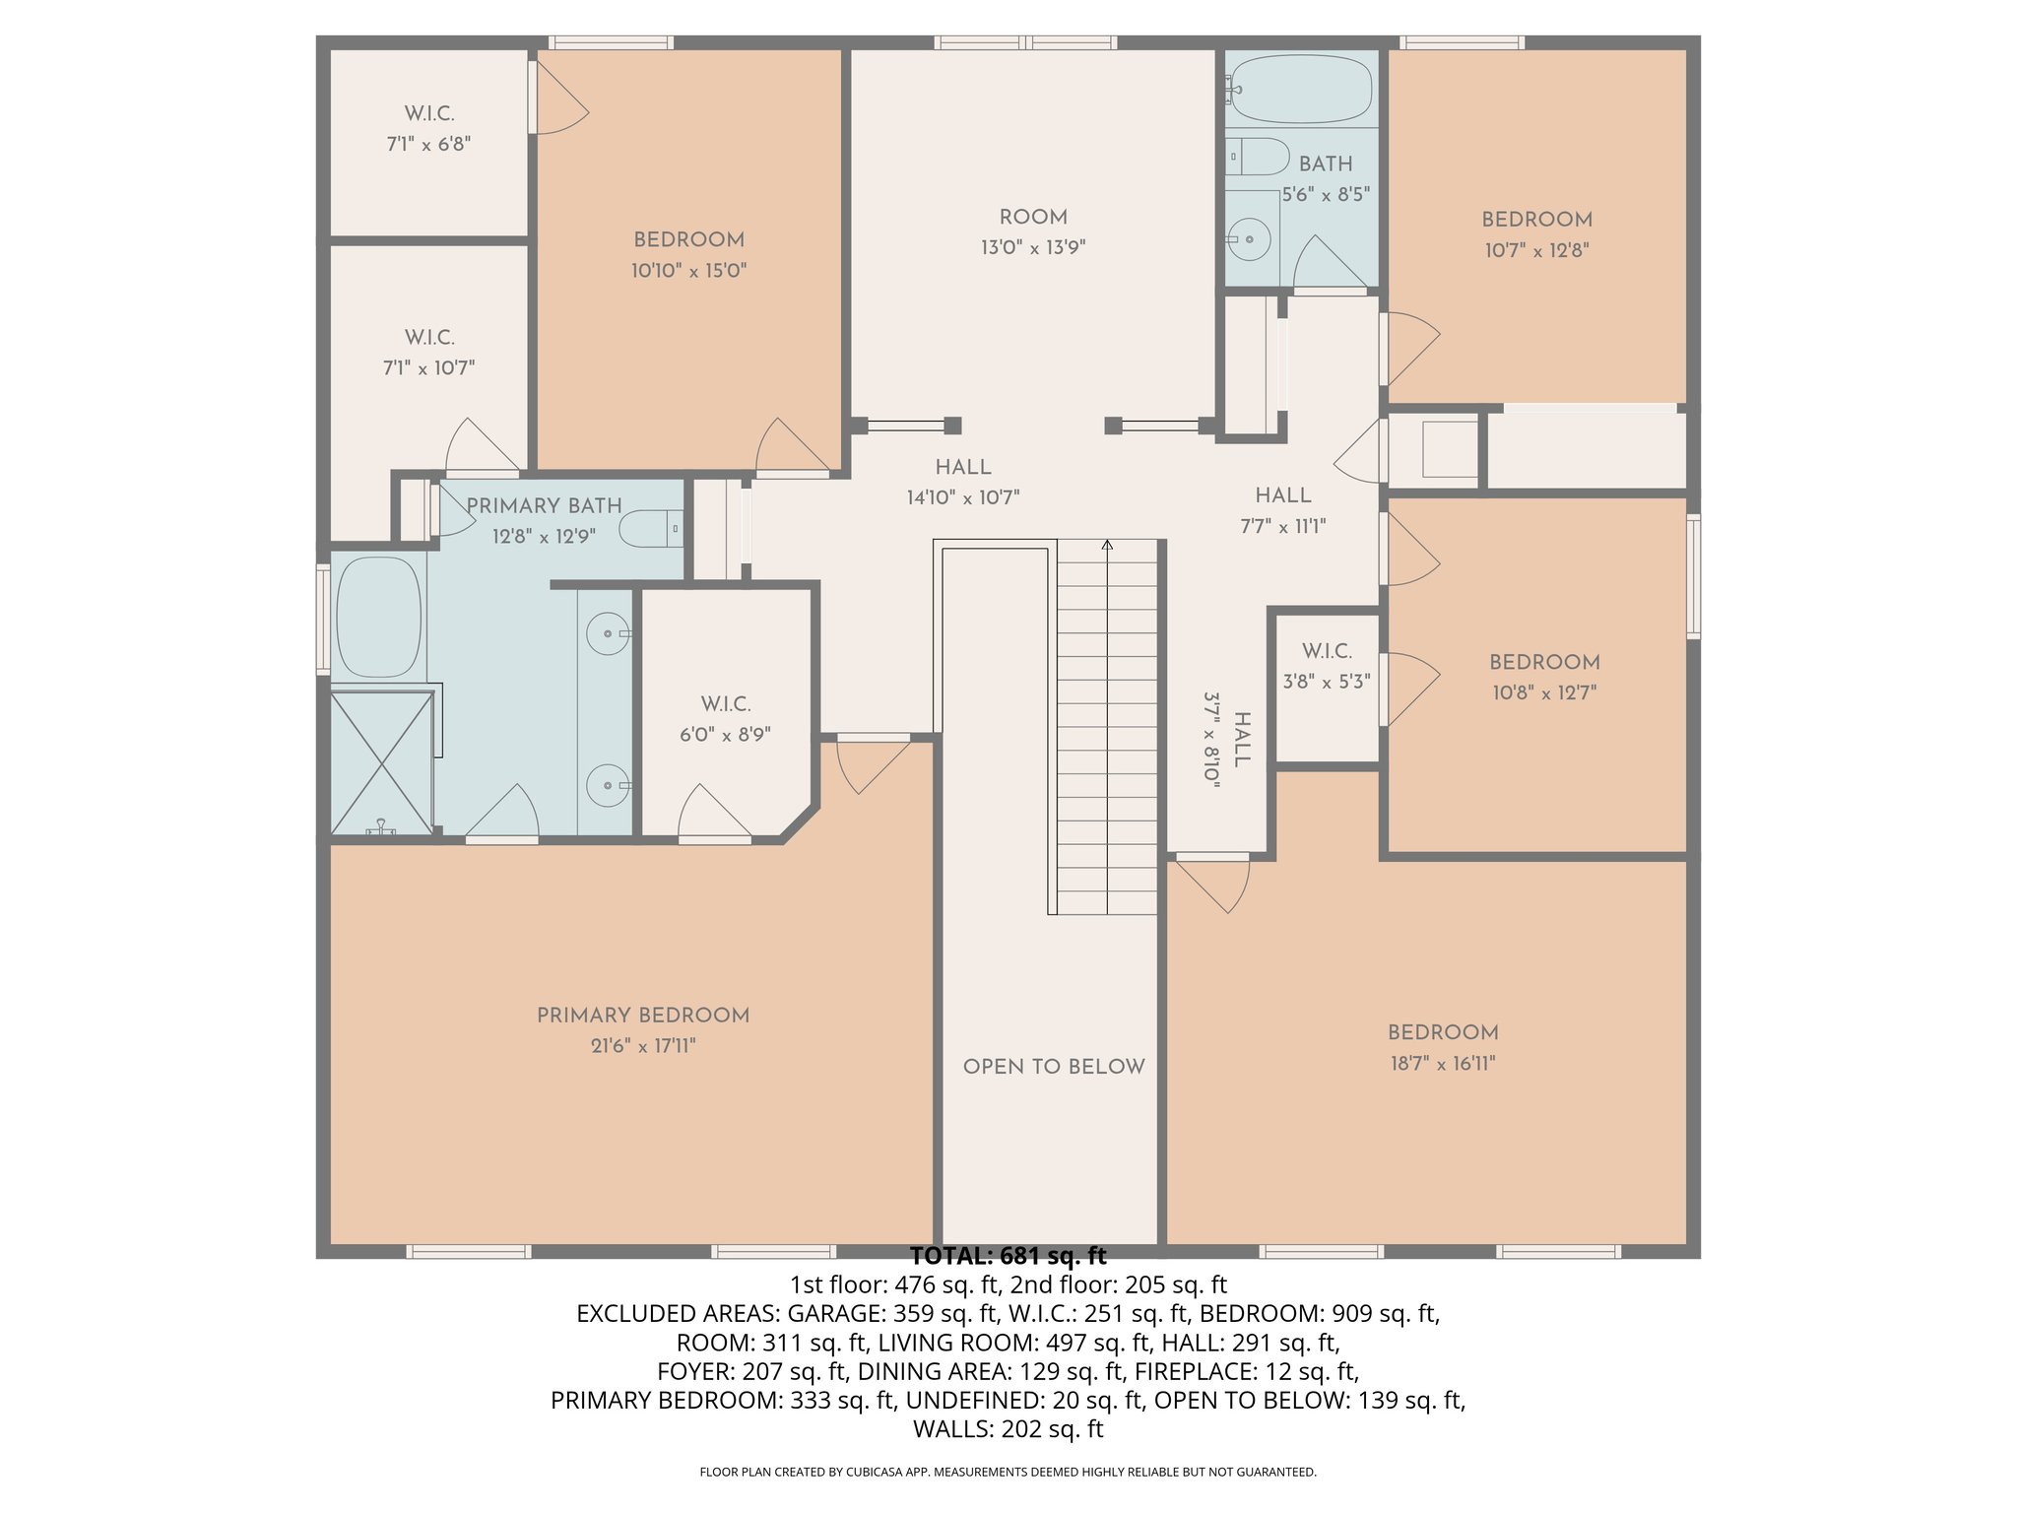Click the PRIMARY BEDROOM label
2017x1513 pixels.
tap(643, 1016)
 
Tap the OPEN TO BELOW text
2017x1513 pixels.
tap(1053, 1067)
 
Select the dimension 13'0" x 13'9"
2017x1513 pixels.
tap(1032, 247)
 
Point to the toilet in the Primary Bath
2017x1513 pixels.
tap(651, 529)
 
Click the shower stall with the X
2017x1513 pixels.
tap(381, 763)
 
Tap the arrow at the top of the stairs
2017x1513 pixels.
tap(1107, 545)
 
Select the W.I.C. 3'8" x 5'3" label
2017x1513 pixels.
tap(1327, 666)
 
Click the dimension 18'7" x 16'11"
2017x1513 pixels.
tap(1443, 1063)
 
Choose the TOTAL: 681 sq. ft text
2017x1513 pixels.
tap(1008, 1257)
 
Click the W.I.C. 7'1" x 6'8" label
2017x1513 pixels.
tap(428, 128)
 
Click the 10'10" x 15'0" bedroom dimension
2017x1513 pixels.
tap(688, 270)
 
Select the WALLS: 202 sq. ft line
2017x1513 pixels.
tap(1008, 1429)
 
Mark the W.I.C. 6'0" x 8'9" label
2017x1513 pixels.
tap(725, 719)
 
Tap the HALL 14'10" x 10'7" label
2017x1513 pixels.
tap(962, 483)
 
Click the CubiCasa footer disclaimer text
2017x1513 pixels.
tap(1008, 1473)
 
